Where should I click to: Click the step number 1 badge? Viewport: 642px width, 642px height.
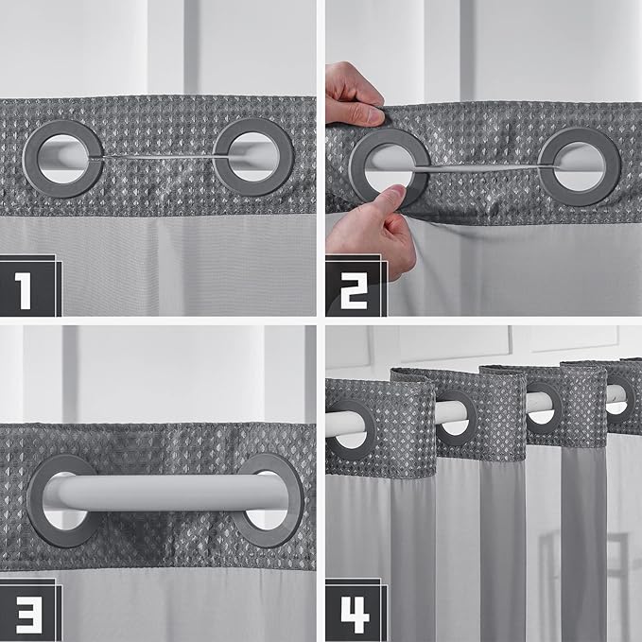point(29,286)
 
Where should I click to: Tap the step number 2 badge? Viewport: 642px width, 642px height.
point(355,286)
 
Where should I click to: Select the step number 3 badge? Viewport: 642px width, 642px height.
point(29,610)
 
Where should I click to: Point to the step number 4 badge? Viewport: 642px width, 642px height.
point(355,610)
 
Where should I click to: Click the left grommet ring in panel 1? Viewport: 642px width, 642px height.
point(29,159)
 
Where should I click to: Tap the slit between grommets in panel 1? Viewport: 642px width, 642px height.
point(158,157)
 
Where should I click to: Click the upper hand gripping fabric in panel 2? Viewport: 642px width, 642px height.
point(353,95)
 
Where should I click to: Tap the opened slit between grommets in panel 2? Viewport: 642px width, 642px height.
point(483,168)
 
